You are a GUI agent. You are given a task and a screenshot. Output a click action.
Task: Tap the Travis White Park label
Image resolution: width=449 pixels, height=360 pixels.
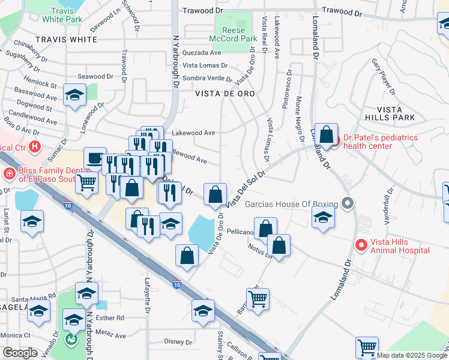[66, 15]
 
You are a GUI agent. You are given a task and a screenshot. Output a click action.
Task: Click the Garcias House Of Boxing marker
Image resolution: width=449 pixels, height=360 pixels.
[346, 204]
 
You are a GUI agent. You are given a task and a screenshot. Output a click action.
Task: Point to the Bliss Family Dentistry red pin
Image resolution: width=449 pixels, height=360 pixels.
[10, 175]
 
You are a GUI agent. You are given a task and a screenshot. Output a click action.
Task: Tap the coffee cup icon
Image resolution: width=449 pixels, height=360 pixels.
[95, 158]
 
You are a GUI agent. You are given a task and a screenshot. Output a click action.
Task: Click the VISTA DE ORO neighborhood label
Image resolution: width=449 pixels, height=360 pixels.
[225, 94]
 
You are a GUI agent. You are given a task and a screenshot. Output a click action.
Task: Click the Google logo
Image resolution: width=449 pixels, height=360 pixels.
[20, 353]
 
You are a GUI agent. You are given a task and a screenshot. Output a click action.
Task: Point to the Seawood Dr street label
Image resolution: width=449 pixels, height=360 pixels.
[95, 76]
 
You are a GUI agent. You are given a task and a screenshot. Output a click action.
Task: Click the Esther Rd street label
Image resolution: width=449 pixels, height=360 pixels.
[112, 318]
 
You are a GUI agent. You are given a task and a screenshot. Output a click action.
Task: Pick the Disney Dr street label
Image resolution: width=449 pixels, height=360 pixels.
[178, 341]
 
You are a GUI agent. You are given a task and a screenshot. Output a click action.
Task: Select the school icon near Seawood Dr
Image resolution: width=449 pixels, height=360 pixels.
[74, 95]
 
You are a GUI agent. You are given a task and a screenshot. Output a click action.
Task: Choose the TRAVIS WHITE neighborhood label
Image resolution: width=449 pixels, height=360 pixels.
[66, 40]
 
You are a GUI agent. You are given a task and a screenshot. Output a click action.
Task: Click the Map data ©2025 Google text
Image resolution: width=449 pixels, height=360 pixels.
[412, 355]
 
